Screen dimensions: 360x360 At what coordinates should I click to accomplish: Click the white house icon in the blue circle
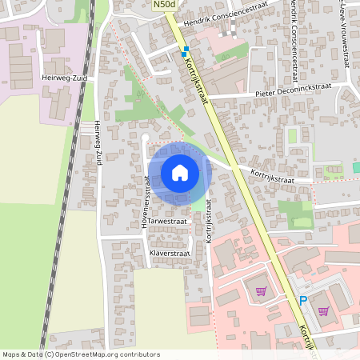[x=179, y=173]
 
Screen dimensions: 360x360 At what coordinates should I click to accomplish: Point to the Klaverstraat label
[x=169, y=253]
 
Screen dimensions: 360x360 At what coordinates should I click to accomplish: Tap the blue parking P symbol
[x=302, y=301]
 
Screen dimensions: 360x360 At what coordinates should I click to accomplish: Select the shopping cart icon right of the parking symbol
[x=323, y=310]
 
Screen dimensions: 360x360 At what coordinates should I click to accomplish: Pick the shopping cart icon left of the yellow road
[x=260, y=291]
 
